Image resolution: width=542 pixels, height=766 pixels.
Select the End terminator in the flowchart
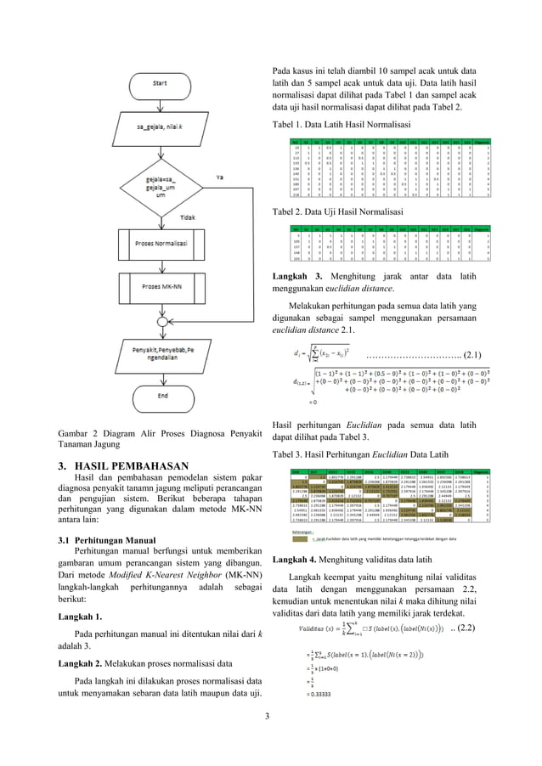[x=160, y=394]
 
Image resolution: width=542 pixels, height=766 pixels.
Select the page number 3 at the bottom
[x=269, y=746]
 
